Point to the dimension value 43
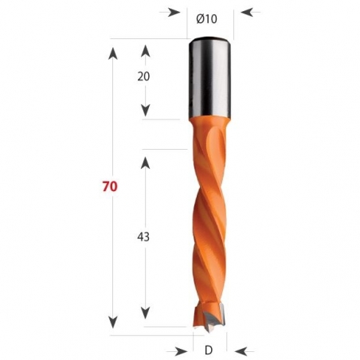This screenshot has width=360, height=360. [x=145, y=237]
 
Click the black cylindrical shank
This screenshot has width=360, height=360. [x=210, y=78]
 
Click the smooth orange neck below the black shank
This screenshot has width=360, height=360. [x=210, y=132]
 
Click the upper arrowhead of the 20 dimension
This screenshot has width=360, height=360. [x=146, y=50]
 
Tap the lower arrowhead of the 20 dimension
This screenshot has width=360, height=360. [x=146, y=112]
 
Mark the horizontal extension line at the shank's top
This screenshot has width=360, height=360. [x=151, y=38]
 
